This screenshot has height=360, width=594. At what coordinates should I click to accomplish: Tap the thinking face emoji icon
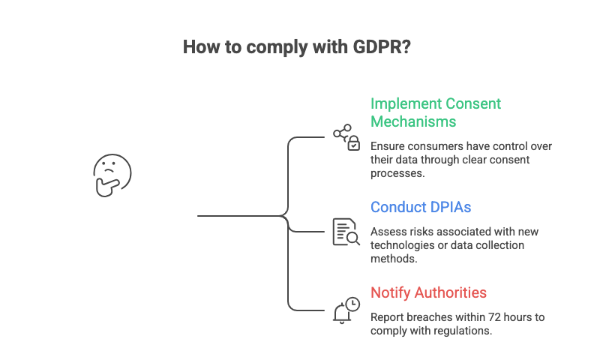coord(112,175)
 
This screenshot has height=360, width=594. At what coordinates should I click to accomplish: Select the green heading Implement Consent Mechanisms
coord(436,112)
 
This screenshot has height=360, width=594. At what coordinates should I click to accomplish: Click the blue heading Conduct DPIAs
coord(421,208)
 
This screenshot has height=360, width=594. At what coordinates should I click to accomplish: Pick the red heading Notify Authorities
coord(428,292)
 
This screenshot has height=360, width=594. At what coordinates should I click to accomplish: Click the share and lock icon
coord(346,138)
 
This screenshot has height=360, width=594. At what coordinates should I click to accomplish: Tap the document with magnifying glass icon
coord(346,232)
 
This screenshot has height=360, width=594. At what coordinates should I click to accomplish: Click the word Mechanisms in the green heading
coord(412,121)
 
